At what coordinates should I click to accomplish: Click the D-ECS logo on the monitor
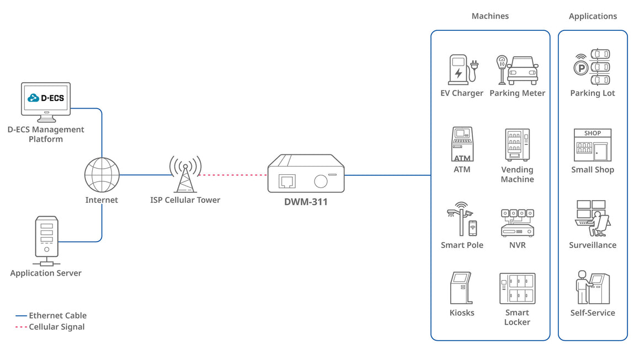(x=46, y=98)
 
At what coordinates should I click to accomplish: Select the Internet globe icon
(x=102, y=175)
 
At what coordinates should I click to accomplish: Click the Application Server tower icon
(x=46, y=237)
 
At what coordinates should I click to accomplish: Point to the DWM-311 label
(x=306, y=202)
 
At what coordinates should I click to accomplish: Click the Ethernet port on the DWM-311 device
(x=287, y=180)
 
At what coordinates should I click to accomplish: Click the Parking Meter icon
(x=517, y=69)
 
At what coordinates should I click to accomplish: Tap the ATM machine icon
(x=462, y=144)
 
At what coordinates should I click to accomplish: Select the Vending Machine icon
(x=517, y=145)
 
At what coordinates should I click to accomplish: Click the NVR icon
(x=517, y=222)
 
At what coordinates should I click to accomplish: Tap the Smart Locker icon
(x=517, y=288)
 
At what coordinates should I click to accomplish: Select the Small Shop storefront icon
(x=593, y=145)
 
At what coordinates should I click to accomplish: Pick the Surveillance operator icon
(x=593, y=219)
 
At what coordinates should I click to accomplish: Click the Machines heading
(x=490, y=17)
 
